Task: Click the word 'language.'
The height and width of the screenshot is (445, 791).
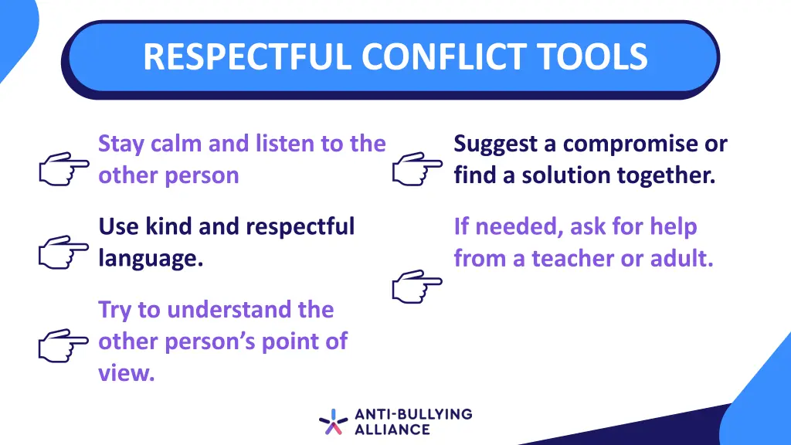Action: (x=151, y=259)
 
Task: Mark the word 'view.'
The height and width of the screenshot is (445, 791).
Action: (x=127, y=373)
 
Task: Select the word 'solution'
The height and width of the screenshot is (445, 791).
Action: (x=567, y=175)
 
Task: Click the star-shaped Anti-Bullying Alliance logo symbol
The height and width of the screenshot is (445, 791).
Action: (x=333, y=422)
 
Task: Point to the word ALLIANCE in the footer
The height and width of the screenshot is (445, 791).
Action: (x=392, y=430)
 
